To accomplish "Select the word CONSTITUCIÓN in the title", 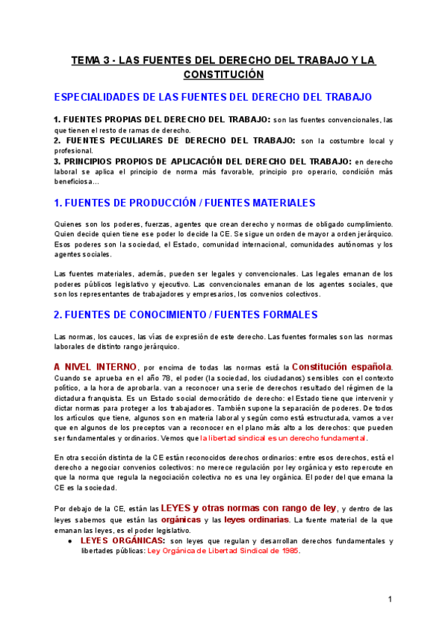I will [x=224, y=75].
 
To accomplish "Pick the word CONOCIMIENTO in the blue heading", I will [x=169, y=315].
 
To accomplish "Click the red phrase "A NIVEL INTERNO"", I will [x=96, y=367].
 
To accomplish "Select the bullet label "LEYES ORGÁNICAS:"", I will [x=122, y=540].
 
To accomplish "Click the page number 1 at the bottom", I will [x=390, y=600].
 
